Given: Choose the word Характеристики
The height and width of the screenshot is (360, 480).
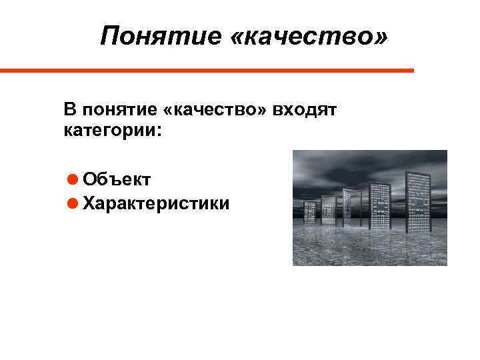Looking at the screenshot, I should pyautogui.click(x=157, y=203).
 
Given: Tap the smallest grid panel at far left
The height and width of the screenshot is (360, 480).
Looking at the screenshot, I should pyautogui.click(x=310, y=211).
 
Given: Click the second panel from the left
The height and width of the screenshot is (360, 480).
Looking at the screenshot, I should pyautogui.click(x=328, y=209).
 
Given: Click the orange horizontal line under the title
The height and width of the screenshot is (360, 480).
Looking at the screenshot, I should pyautogui.click(x=207, y=70).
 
